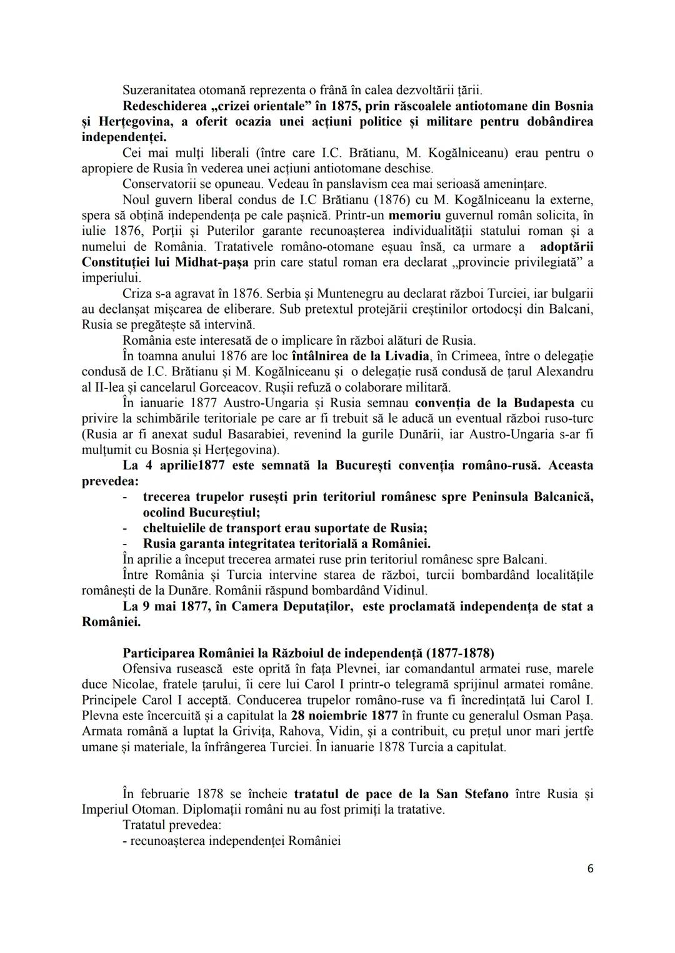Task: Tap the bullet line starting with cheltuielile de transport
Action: [284, 528]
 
